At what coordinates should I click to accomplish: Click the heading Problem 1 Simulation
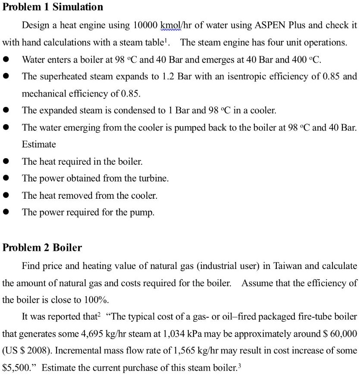pos(53,7)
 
